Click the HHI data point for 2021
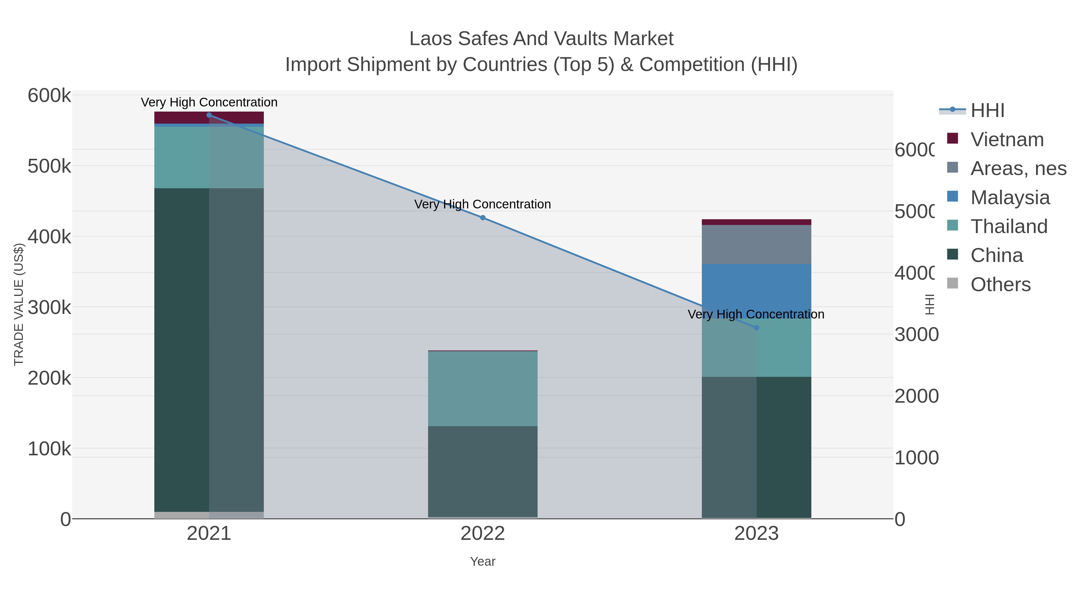[209, 115]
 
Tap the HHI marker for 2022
[483, 218]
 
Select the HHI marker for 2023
[756, 328]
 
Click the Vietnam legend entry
[1007, 140]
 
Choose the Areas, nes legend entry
[1018, 168]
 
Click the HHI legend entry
[987, 111]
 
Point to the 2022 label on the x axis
[483, 534]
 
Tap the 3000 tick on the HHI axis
[916, 335]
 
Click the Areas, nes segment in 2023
[756, 245]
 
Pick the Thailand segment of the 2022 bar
[483, 389]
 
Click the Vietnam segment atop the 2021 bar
[209, 117]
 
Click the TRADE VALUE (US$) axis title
[19, 304]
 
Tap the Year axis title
[483, 561]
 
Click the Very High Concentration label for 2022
[482, 204]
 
